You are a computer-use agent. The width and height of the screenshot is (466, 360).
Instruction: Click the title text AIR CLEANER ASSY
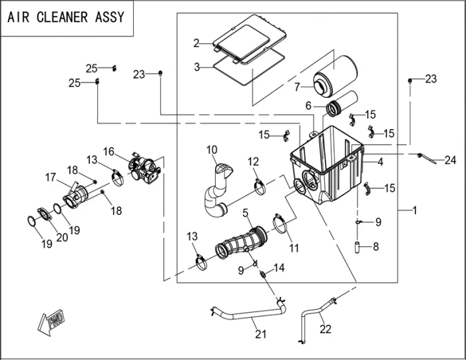tap(66, 17)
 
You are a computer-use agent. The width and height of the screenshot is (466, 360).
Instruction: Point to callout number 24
tap(451, 160)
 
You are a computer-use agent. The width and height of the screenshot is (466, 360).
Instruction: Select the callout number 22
tap(325, 328)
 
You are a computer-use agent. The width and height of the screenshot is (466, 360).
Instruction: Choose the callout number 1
tap(414, 210)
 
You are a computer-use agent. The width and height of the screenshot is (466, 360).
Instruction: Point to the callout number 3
tap(197, 67)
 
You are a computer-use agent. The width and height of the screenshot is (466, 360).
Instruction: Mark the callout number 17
tap(50, 177)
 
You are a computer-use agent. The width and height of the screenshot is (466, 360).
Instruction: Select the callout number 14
tap(279, 268)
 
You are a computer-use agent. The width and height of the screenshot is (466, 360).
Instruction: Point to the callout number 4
tap(380, 162)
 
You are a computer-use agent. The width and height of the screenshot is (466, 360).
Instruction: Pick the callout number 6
tap(309, 106)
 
